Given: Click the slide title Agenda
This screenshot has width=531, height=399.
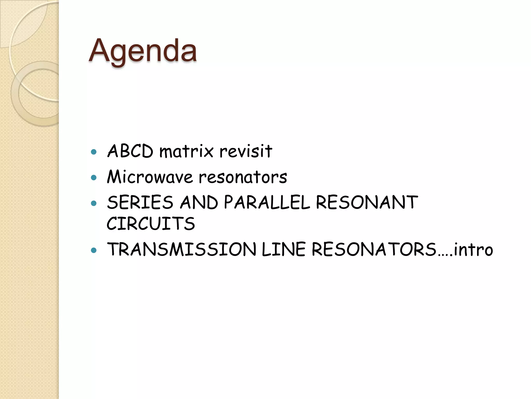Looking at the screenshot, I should coord(143,50).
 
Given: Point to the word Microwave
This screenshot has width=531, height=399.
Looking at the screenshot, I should coord(150,177).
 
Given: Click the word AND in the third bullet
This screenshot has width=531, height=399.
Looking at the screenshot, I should coord(199,202).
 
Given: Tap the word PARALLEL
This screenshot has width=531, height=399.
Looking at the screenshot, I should coord(267,202).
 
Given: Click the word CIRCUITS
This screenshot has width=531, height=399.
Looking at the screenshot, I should coord(151,223).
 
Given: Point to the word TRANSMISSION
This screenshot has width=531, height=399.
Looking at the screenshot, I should coord(181,249).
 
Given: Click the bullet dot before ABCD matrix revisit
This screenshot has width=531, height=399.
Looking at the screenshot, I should coord(94,152).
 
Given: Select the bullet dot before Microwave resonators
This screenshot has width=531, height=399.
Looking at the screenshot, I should coord(94,178).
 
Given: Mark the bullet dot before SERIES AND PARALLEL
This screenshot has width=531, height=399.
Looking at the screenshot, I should coord(94,203).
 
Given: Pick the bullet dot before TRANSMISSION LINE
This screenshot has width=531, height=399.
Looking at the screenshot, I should coord(94,250).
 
